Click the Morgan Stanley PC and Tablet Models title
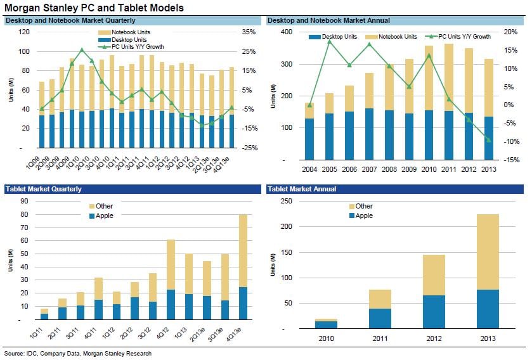(94, 8)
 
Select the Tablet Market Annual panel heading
(302, 189)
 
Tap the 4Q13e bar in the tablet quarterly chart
(243, 266)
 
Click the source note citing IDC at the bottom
(77, 354)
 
